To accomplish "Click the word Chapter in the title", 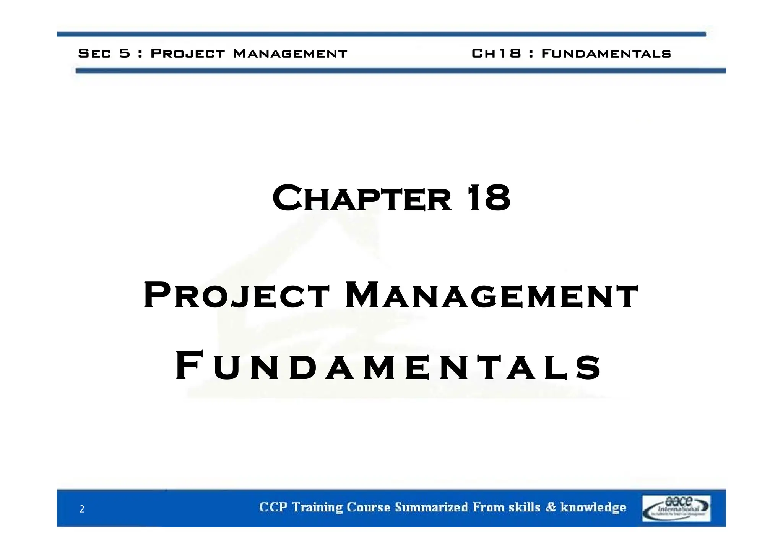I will pyautogui.click(x=361, y=198).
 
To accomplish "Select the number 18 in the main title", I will pyautogui.click(x=489, y=198).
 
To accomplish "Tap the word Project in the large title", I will pyautogui.click(x=236, y=295).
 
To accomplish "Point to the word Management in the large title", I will pyautogui.click(x=491, y=295).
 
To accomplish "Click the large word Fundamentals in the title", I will pyautogui.click(x=388, y=367).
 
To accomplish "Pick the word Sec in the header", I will pyautogui.click(x=94, y=53).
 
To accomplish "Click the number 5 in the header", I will pyautogui.click(x=125, y=53).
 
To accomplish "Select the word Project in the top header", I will pyautogui.click(x=188, y=53).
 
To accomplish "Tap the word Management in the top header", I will pyautogui.click(x=290, y=53).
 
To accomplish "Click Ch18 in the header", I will pyautogui.click(x=496, y=53).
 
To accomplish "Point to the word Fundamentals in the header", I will pyautogui.click(x=606, y=53).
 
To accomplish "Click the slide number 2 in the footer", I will pyautogui.click(x=81, y=509).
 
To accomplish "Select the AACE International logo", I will pyautogui.click(x=676, y=508).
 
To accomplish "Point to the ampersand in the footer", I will pyautogui.click(x=551, y=507).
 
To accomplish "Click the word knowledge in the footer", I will pyautogui.click(x=593, y=507).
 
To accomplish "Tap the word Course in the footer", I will pyautogui.click(x=369, y=507).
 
